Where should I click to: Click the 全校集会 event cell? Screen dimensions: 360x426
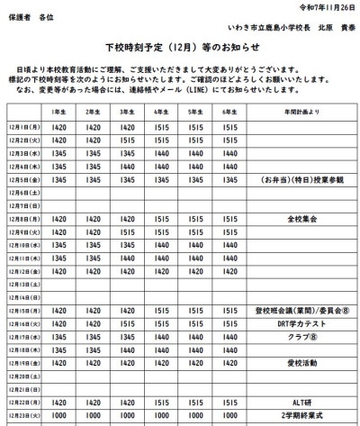pos(301,219)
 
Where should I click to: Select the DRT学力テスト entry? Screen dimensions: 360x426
pos(301,322)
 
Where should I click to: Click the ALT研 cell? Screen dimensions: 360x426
pos(301,402)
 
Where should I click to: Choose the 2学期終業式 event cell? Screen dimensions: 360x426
pos(301,415)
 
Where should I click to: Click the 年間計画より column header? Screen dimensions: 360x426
pos(301,113)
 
